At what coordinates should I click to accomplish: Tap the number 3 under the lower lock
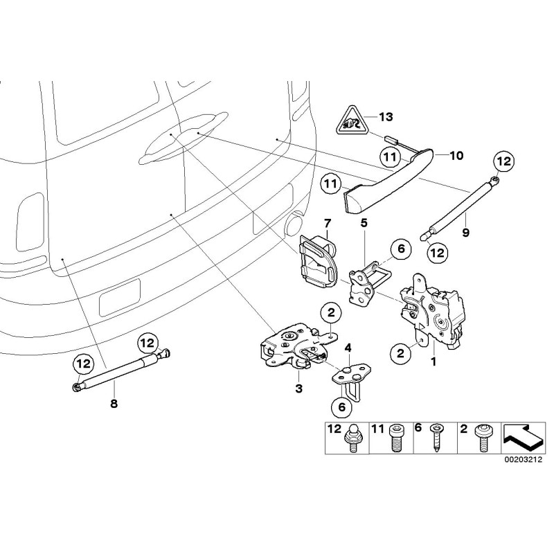(x=299, y=389)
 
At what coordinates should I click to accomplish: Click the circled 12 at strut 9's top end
(x=503, y=161)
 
